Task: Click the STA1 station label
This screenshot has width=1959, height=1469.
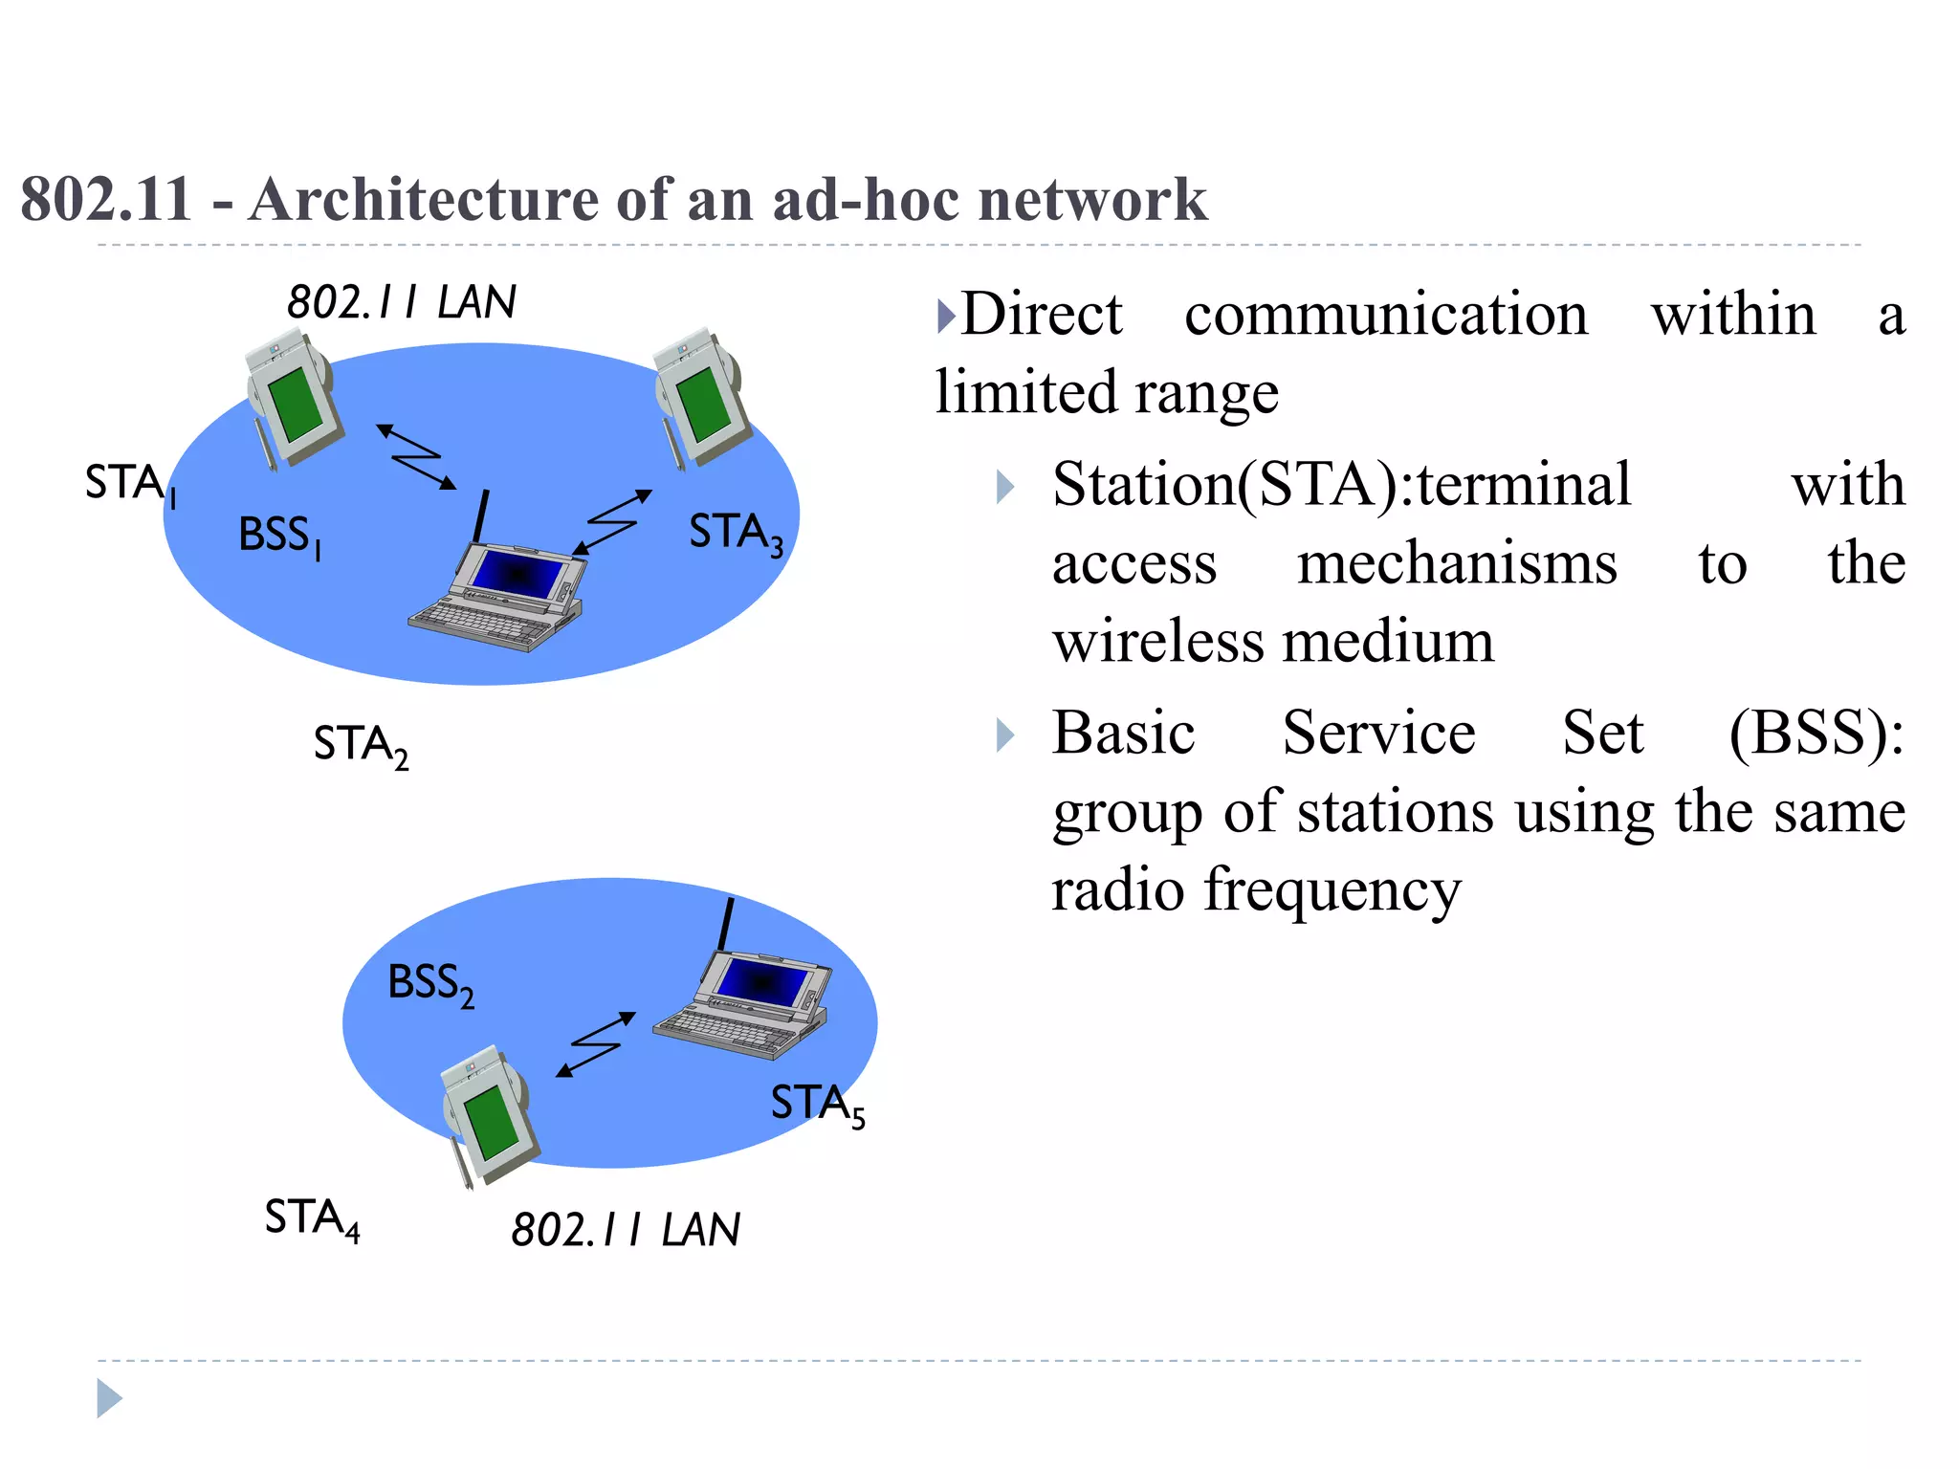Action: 129,484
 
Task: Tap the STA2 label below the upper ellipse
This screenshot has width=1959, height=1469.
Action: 361,746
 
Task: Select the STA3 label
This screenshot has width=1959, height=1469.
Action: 736,534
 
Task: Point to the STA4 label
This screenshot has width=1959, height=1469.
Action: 312,1219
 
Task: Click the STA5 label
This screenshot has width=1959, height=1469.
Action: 817,1105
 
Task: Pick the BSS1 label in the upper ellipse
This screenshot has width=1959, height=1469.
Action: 278,536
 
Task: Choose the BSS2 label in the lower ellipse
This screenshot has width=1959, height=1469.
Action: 430,984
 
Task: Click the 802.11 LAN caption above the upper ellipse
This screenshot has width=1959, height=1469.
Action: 401,302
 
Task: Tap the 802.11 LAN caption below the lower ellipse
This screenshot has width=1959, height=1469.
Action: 626,1230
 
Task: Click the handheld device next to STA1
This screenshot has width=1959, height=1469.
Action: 292,402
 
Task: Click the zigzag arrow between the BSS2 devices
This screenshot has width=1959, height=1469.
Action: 596,1044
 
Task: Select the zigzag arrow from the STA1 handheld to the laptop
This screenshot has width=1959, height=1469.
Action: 417,457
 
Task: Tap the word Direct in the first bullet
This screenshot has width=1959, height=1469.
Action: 1041,314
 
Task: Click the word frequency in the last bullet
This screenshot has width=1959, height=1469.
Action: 1332,890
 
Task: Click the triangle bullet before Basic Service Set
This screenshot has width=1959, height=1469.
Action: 1004,734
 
